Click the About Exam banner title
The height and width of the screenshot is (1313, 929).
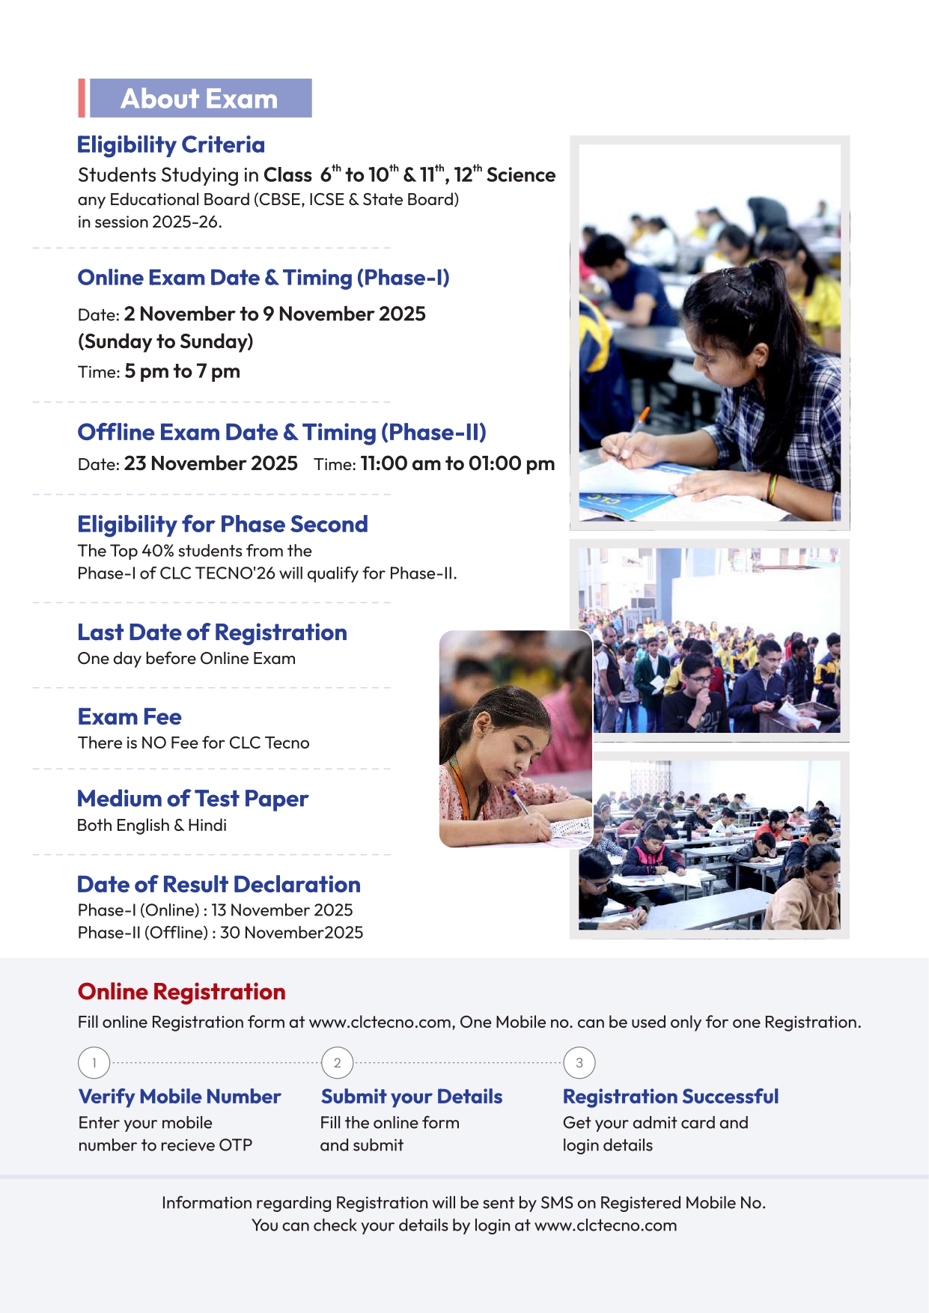tap(199, 99)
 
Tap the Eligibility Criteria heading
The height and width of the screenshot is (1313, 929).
tap(171, 144)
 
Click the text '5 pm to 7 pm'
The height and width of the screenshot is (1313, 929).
tap(182, 371)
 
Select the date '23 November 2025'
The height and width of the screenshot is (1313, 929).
tap(210, 463)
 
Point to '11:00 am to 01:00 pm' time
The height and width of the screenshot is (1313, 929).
tap(457, 463)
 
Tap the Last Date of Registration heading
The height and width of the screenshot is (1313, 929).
tap(212, 633)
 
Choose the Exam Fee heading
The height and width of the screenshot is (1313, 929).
tap(130, 717)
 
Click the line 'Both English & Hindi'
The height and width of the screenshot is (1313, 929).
tap(152, 825)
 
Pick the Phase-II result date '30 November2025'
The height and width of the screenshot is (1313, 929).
tap(291, 933)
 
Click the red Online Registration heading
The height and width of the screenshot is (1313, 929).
tap(181, 992)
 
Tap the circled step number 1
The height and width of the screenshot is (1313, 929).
tap(94, 1063)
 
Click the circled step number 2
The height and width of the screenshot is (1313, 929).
tap(338, 1063)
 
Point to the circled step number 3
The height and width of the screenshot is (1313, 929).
tap(579, 1063)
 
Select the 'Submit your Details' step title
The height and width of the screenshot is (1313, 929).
tap(412, 1097)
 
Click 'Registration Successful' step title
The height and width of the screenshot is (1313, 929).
tap(671, 1097)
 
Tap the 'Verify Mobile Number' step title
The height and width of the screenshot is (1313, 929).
tap(180, 1097)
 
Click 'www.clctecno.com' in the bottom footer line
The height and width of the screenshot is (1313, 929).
tap(606, 1225)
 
